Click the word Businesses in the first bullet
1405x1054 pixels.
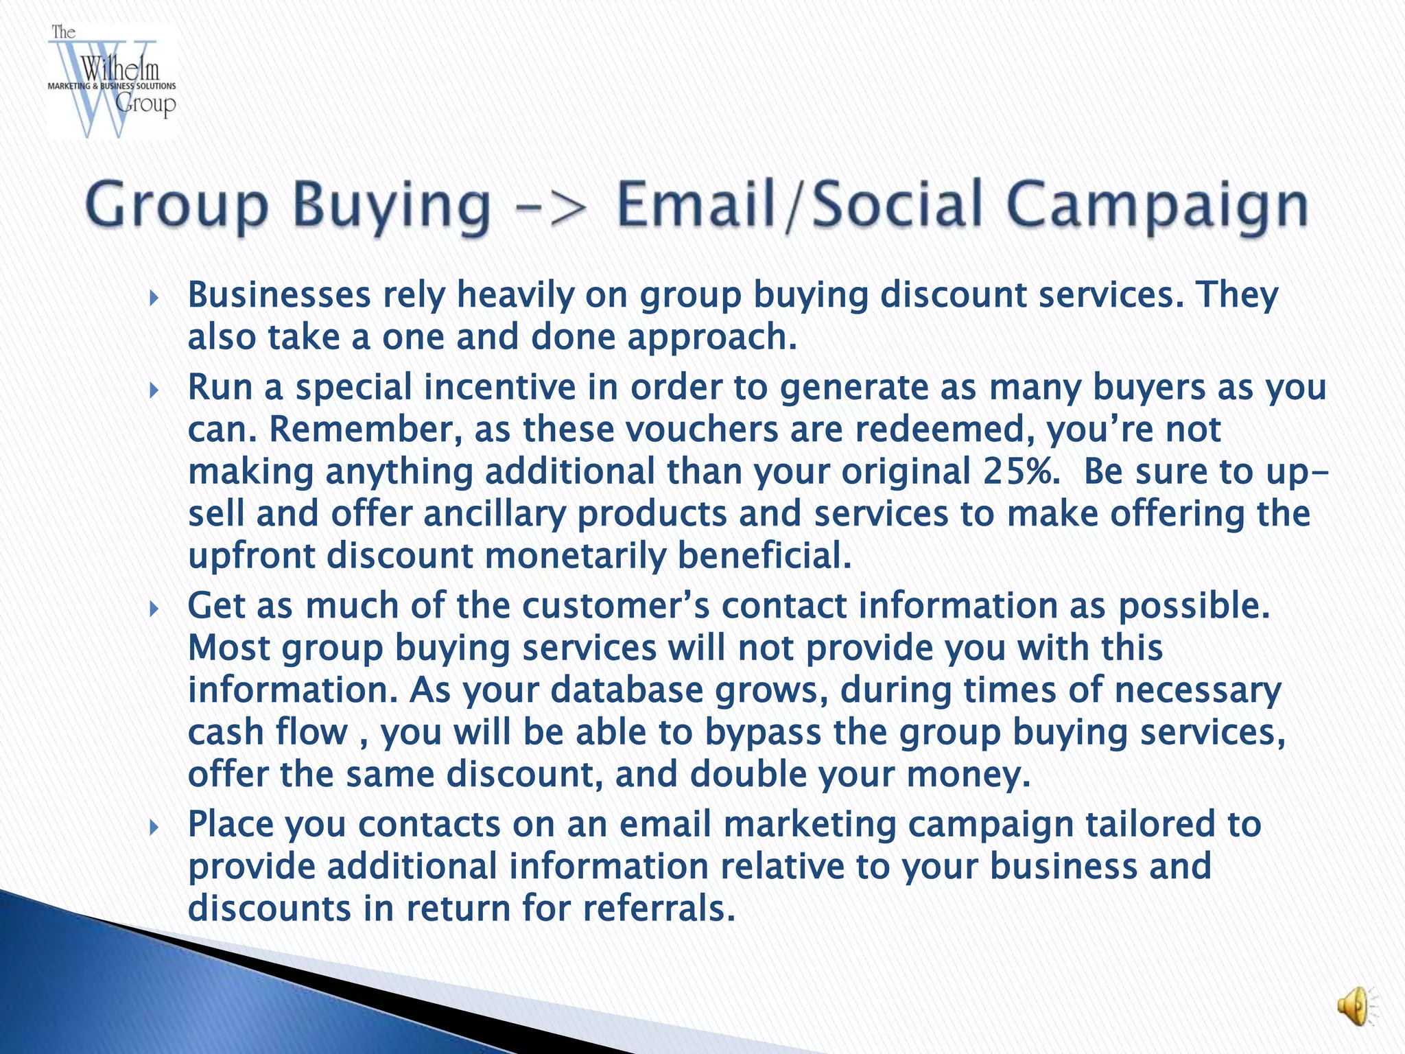[x=279, y=295]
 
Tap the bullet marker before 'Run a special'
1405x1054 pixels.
[x=154, y=390]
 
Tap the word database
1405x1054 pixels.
[x=626, y=690]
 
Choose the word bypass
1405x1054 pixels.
[x=762, y=733]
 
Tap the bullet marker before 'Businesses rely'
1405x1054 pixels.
[x=154, y=298]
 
